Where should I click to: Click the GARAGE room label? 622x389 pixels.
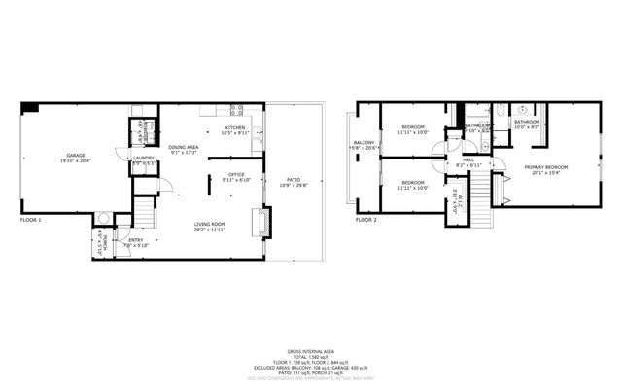[x=75, y=156]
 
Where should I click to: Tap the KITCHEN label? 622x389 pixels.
[x=235, y=127]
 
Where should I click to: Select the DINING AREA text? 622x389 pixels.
[x=183, y=146]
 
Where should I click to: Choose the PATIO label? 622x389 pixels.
[x=293, y=178]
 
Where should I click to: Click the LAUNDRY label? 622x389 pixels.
[x=144, y=157]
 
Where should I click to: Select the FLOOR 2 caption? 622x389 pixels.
[x=365, y=221]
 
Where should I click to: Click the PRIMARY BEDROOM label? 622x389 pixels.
[x=546, y=167]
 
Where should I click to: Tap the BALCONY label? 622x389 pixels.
[x=363, y=143]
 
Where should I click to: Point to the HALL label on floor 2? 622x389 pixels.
[x=467, y=159]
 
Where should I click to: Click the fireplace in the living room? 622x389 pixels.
[x=259, y=223]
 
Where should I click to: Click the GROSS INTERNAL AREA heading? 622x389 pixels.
[x=310, y=350]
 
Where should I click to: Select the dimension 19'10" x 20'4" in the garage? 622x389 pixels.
[x=75, y=161]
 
